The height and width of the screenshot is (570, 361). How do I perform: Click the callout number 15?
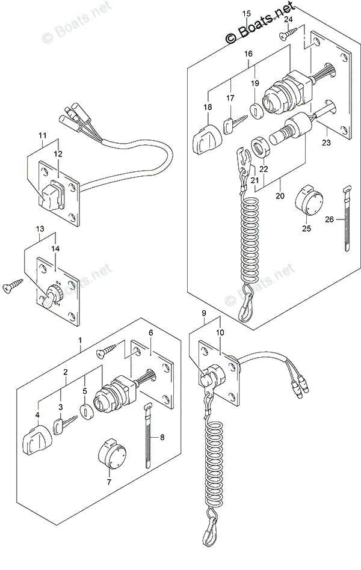click(x=246, y=14)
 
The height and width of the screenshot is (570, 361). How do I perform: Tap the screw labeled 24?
click(x=289, y=34)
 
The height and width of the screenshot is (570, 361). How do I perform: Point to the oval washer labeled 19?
click(x=258, y=111)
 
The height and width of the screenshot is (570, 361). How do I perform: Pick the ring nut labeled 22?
click(x=260, y=147)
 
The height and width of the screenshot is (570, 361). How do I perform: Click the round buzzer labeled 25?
click(x=308, y=201)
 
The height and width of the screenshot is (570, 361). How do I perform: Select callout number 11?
click(x=43, y=136)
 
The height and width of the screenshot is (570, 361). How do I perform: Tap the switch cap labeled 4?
click(x=37, y=440)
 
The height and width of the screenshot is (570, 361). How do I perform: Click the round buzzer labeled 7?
click(x=112, y=455)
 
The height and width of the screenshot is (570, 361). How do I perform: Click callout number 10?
click(x=220, y=332)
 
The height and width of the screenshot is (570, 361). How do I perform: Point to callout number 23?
click(x=327, y=142)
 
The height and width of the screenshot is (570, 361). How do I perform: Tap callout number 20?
click(x=280, y=195)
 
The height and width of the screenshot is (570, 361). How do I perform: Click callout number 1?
click(x=80, y=340)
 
